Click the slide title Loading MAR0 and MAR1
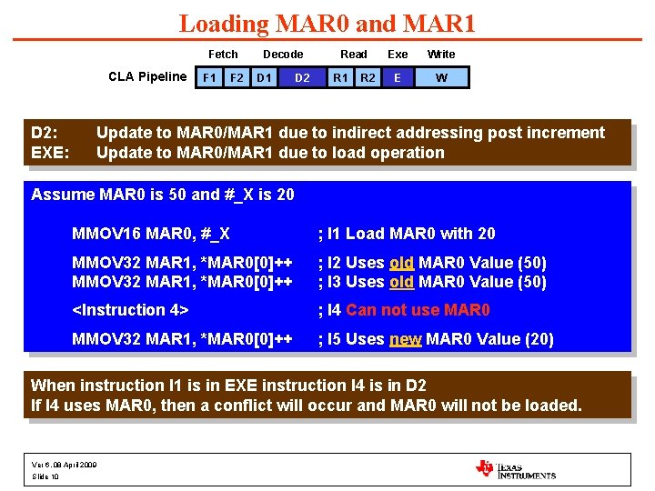pos(327,24)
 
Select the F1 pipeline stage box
pos(209,78)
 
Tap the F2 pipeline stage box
pos(237,78)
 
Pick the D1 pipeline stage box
pos(264,78)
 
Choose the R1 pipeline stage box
pos(340,78)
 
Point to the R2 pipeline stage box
pos(368,78)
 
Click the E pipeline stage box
pos(398,78)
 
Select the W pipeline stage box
pos(441,78)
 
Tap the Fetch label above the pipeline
pos(223,55)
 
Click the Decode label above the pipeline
pos(283,55)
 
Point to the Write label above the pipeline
pos(441,55)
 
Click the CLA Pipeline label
pos(147,76)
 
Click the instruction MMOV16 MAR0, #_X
pos(151,233)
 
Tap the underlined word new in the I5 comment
pos(406,339)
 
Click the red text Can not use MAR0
pos(418,310)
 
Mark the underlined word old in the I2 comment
pos(401,263)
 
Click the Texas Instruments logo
pos(515,468)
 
